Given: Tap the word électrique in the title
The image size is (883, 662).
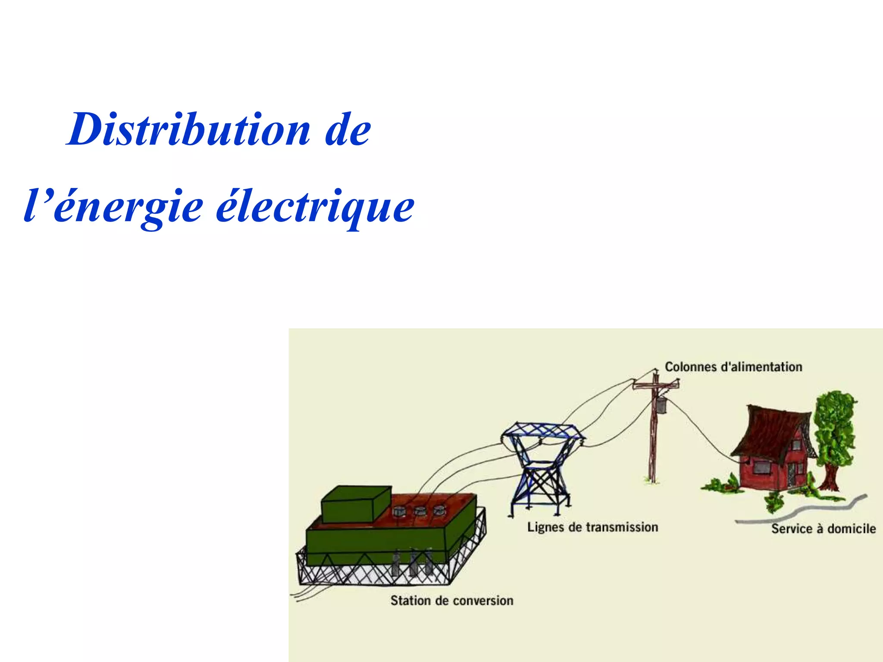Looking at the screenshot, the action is [x=315, y=207].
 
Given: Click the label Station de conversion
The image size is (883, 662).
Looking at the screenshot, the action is [x=451, y=600].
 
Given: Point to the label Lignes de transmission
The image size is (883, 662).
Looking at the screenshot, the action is [x=592, y=527].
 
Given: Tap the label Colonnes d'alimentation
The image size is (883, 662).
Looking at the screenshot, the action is [x=733, y=367].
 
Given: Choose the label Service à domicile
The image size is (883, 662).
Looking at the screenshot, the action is [x=823, y=529].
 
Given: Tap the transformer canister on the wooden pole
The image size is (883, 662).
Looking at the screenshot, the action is [x=661, y=405].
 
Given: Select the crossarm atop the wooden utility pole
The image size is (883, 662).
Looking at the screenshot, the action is [x=655, y=384].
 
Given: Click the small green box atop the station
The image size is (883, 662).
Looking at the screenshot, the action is [x=356, y=504].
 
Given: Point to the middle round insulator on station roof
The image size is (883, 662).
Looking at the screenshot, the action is [x=420, y=512].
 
